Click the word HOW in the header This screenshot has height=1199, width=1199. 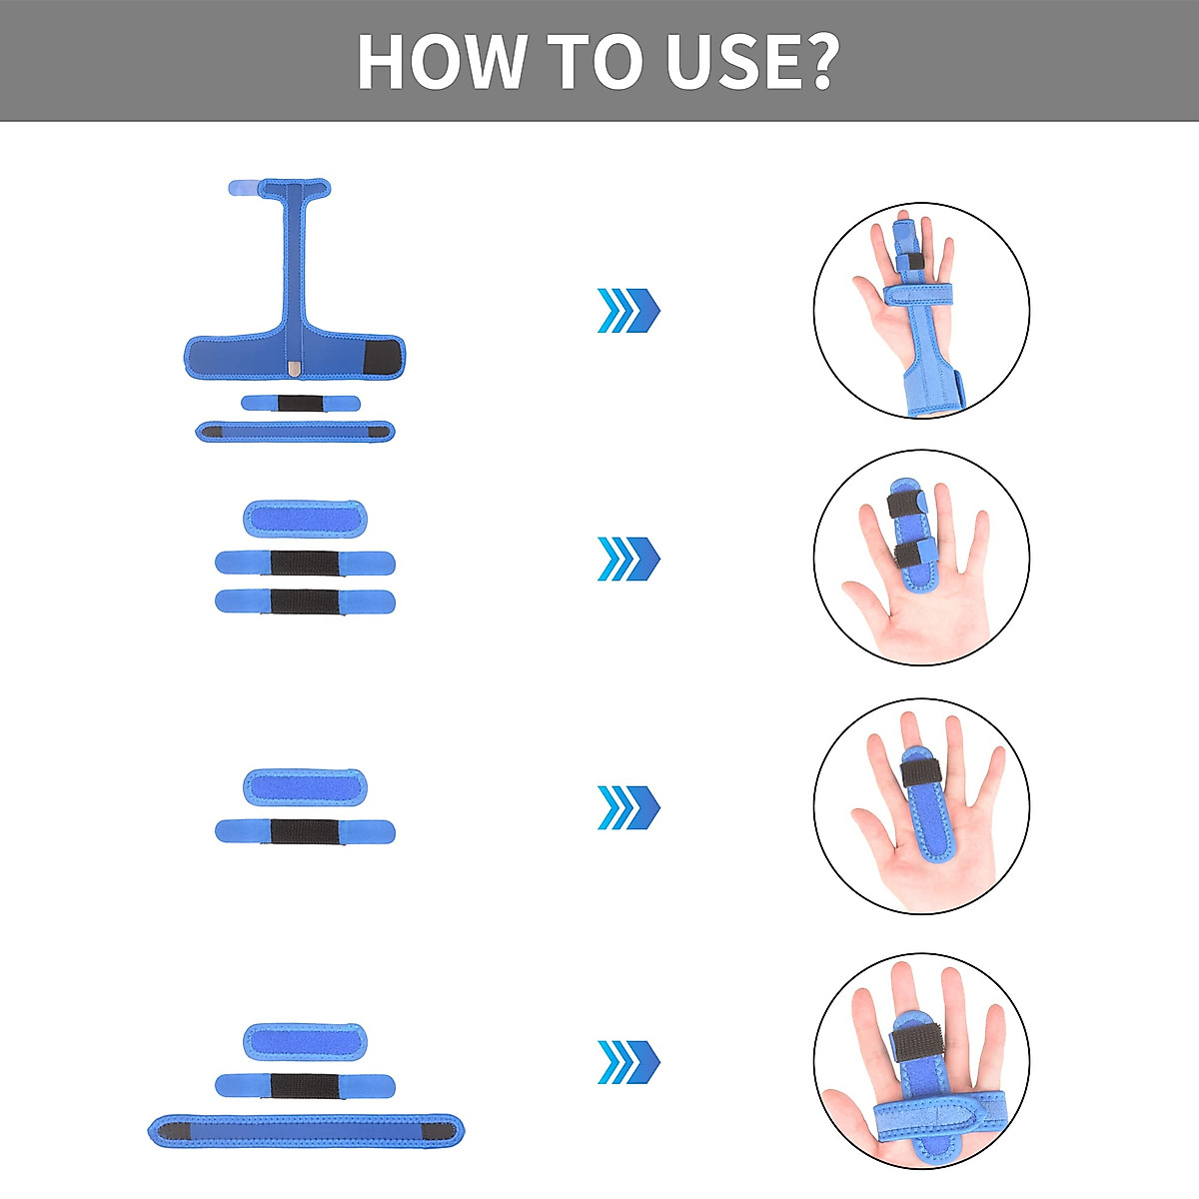coord(441,62)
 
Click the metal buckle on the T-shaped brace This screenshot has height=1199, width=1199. coord(294,370)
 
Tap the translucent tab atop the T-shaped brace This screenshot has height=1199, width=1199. coord(244,188)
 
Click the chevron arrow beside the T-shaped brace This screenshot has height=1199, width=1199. coord(628,311)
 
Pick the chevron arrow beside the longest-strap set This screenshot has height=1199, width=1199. coord(628,1062)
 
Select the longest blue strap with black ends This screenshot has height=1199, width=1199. coord(305,1131)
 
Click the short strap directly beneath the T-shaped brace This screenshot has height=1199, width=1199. coord(301,403)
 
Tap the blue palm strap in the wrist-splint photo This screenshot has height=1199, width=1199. coord(917,295)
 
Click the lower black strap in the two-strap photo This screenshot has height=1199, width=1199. coord(910,554)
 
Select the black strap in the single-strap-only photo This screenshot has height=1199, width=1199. coord(921,772)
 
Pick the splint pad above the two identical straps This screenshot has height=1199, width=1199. coord(305,519)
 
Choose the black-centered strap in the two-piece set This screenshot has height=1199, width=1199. coord(305,831)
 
